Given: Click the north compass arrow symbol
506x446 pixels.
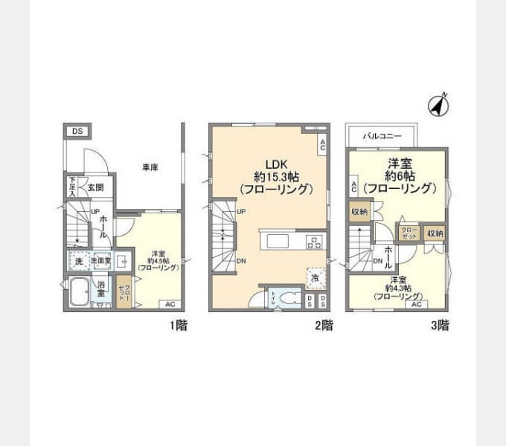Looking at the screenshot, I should tap(438, 106).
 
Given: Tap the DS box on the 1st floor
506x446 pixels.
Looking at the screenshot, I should tap(77, 132).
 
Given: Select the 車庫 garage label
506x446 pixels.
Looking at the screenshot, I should tap(150, 168).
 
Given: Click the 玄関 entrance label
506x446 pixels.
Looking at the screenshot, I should tap(95, 187).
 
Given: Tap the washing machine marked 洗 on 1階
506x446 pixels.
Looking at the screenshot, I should tap(77, 261).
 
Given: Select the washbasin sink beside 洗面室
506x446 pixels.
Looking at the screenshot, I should tap(122, 261).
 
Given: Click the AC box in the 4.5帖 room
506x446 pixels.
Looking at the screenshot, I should tap(170, 304).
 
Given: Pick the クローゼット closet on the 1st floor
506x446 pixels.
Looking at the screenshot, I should tap(124, 291).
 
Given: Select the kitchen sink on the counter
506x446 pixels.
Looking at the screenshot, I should tap(273, 242).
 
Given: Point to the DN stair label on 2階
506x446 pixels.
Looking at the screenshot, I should tap(242, 261).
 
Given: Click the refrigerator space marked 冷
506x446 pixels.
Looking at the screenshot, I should tap(316, 277).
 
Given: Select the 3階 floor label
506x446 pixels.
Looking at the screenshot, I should tap(439, 325).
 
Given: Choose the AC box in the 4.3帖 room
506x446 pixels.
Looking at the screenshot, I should tap(417, 304).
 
